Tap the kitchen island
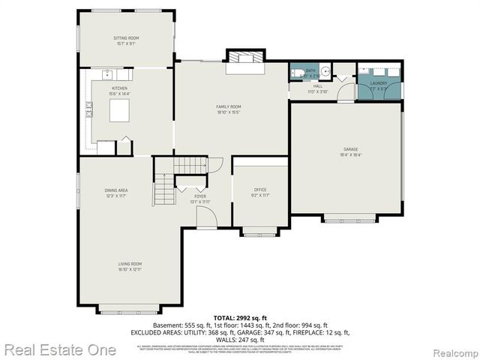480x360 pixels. [121, 111]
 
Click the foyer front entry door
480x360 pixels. [205, 217]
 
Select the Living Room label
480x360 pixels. [129, 265]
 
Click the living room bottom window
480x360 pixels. [128, 308]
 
